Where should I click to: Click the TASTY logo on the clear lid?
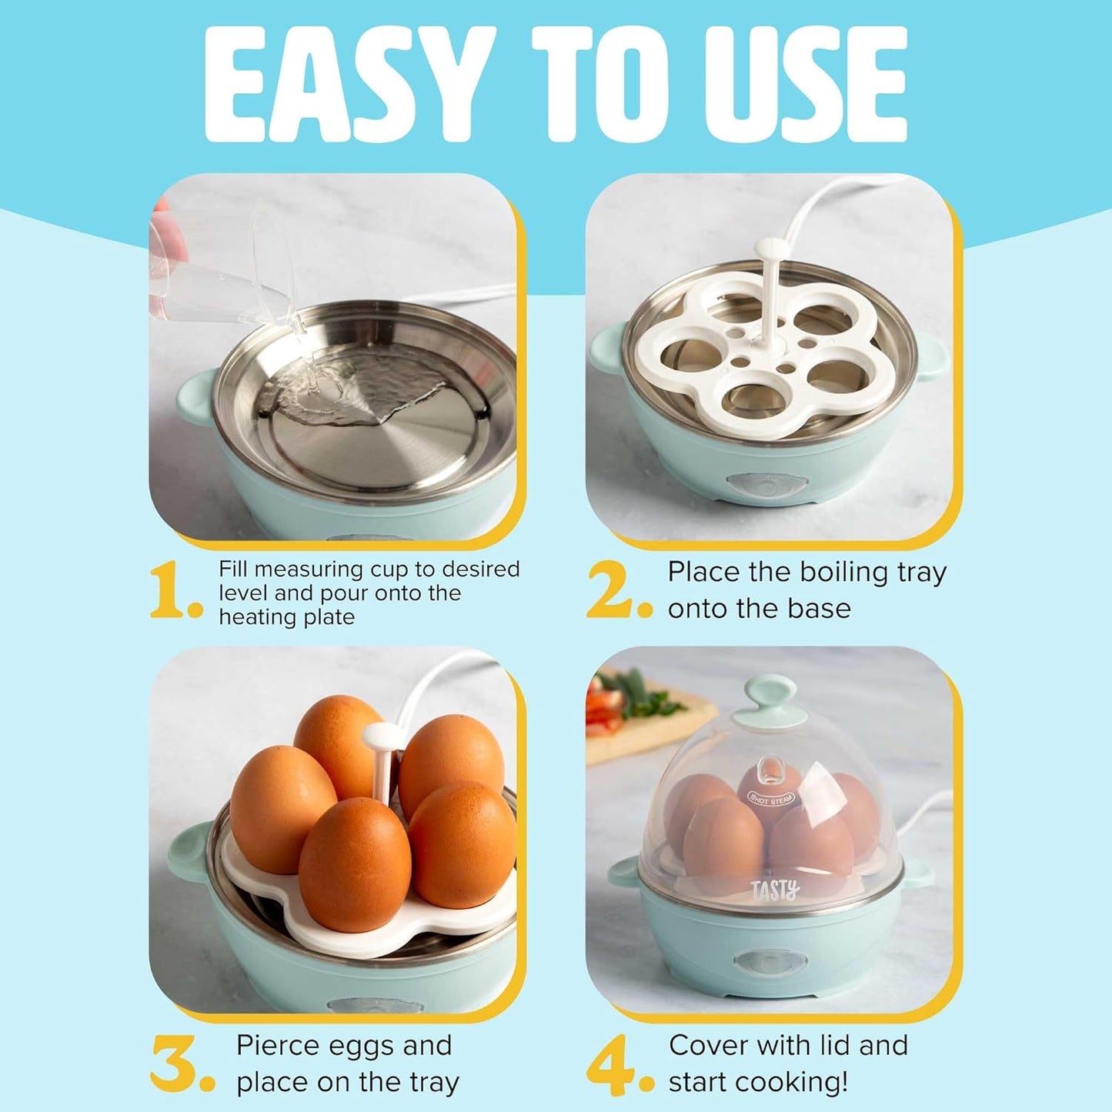point(775,890)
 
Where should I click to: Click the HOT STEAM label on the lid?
point(771,799)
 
